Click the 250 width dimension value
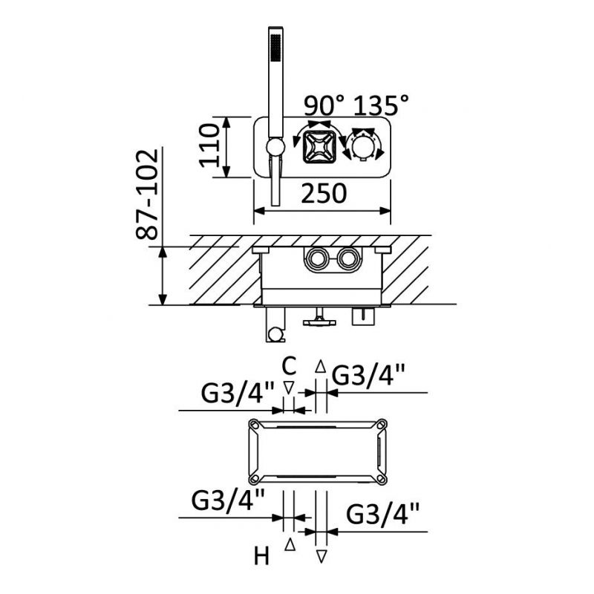(324, 194)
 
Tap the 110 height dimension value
(209, 146)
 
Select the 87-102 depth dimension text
(146, 195)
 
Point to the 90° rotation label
(324, 105)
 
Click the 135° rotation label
(381, 105)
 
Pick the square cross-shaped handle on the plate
(319, 146)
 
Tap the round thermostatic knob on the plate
(364, 148)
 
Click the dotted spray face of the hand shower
(275, 47)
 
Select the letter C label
(289, 366)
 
